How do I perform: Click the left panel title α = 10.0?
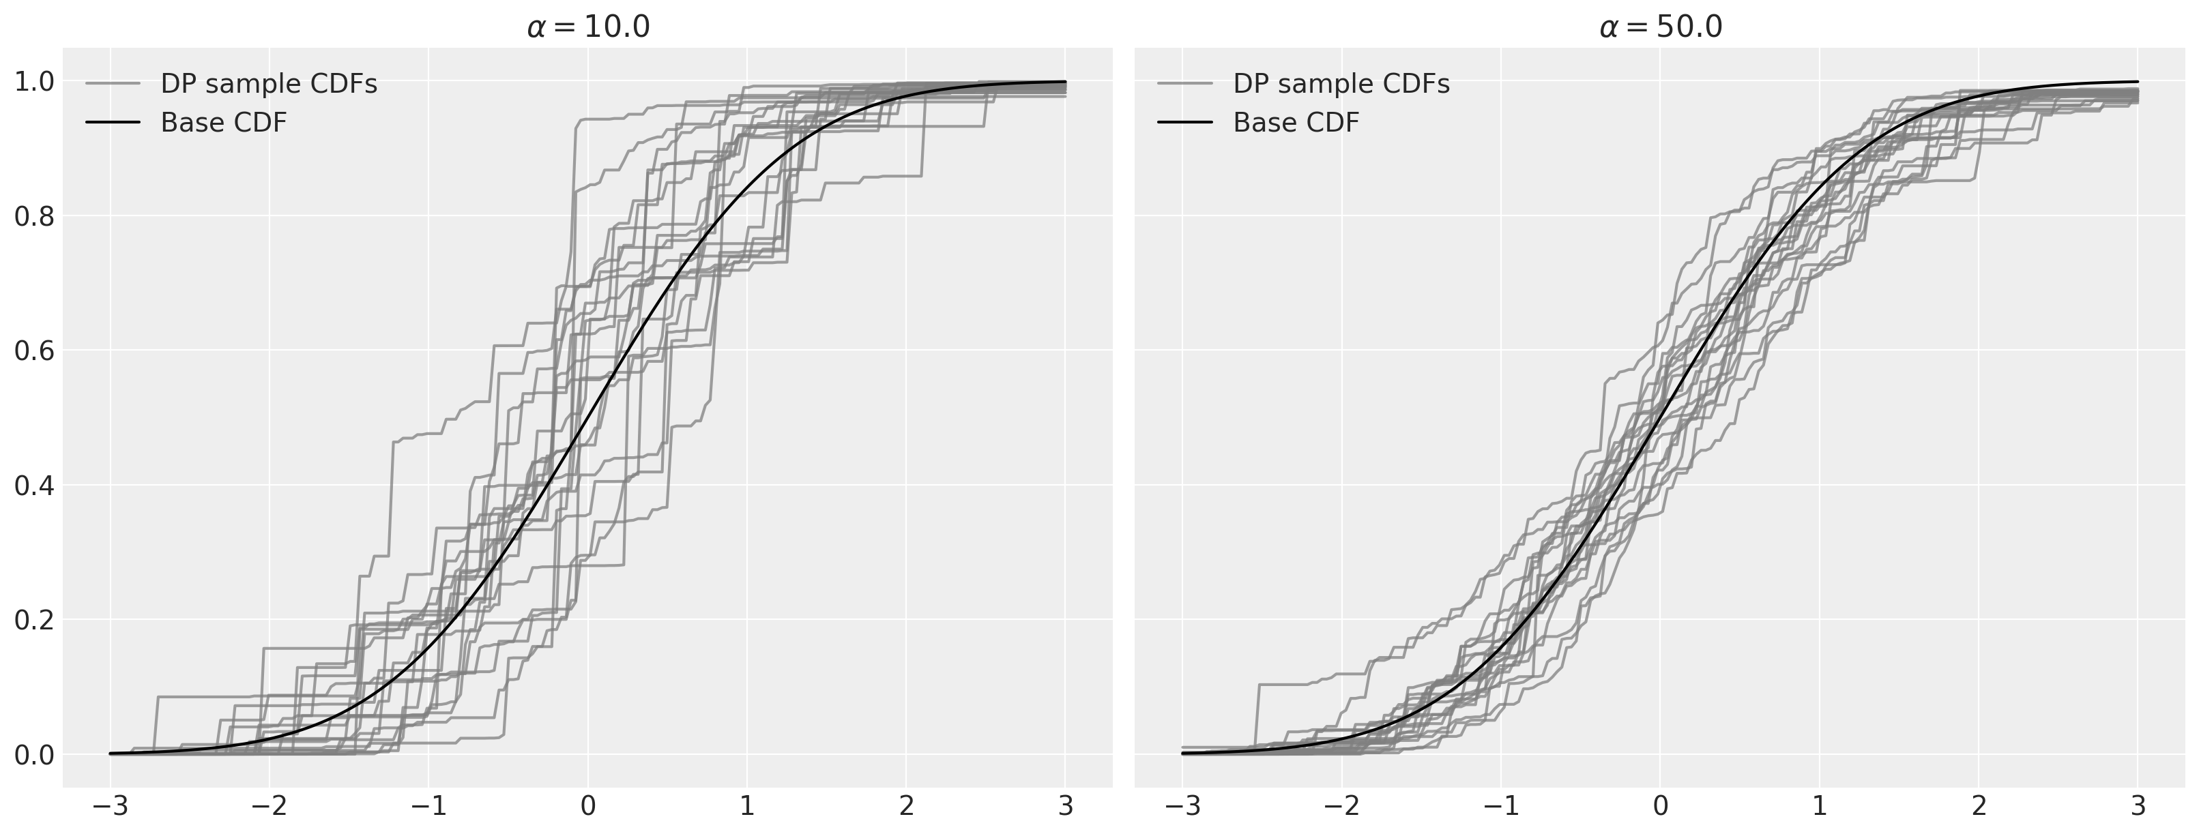click(x=588, y=27)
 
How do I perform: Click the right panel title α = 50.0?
click(x=1661, y=27)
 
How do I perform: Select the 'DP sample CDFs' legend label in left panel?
click(x=269, y=84)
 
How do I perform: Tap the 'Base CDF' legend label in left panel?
click(x=224, y=123)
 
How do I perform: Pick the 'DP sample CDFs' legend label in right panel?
click(x=1341, y=84)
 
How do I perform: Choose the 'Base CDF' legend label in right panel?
click(x=1296, y=123)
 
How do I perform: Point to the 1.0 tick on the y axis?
click(x=35, y=82)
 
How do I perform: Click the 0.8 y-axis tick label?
click(x=35, y=217)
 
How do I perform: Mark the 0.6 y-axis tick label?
click(x=35, y=351)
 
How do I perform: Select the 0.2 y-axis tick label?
click(x=35, y=620)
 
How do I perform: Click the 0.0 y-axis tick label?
click(x=35, y=755)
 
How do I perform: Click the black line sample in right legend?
click(x=1185, y=123)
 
